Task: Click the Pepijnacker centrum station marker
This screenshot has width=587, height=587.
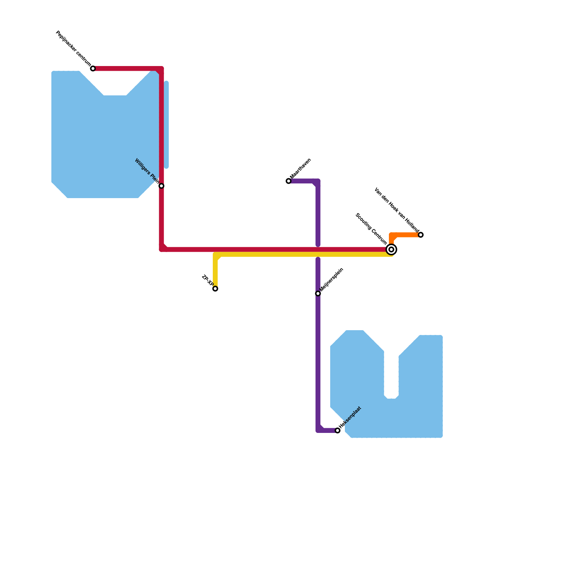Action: pyautogui.click(x=93, y=69)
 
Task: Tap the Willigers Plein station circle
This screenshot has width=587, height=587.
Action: pyautogui.click(x=161, y=186)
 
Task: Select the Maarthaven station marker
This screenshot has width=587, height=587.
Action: pyautogui.click(x=288, y=181)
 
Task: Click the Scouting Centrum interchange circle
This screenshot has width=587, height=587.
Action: pyautogui.click(x=391, y=249)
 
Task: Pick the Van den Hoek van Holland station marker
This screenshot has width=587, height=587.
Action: pyautogui.click(x=421, y=235)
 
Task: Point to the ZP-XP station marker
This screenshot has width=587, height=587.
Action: pyautogui.click(x=215, y=289)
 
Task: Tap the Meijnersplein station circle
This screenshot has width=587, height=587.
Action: pyautogui.click(x=318, y=293)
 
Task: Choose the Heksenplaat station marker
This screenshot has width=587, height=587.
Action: pyautogui.click(x=338, y=430)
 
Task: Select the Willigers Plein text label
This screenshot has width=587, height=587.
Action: pyautogui.click(x=147, y=171)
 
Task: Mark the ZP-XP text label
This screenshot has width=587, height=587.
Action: pyautogui.click(x=208, y=281)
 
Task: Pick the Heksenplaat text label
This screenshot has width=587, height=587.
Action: pyautogui.click(x=350, y=417)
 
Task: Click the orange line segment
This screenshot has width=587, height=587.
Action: pyautogui.click(x=405, y=235)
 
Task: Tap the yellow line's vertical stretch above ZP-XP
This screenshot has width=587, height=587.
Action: pyautogui.click(x=215, y=271)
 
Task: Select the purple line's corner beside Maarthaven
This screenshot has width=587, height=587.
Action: pyautogui.click(x=317, y=182)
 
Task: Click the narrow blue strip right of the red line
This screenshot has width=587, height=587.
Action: pyautogui.click(x=167, y=125)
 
